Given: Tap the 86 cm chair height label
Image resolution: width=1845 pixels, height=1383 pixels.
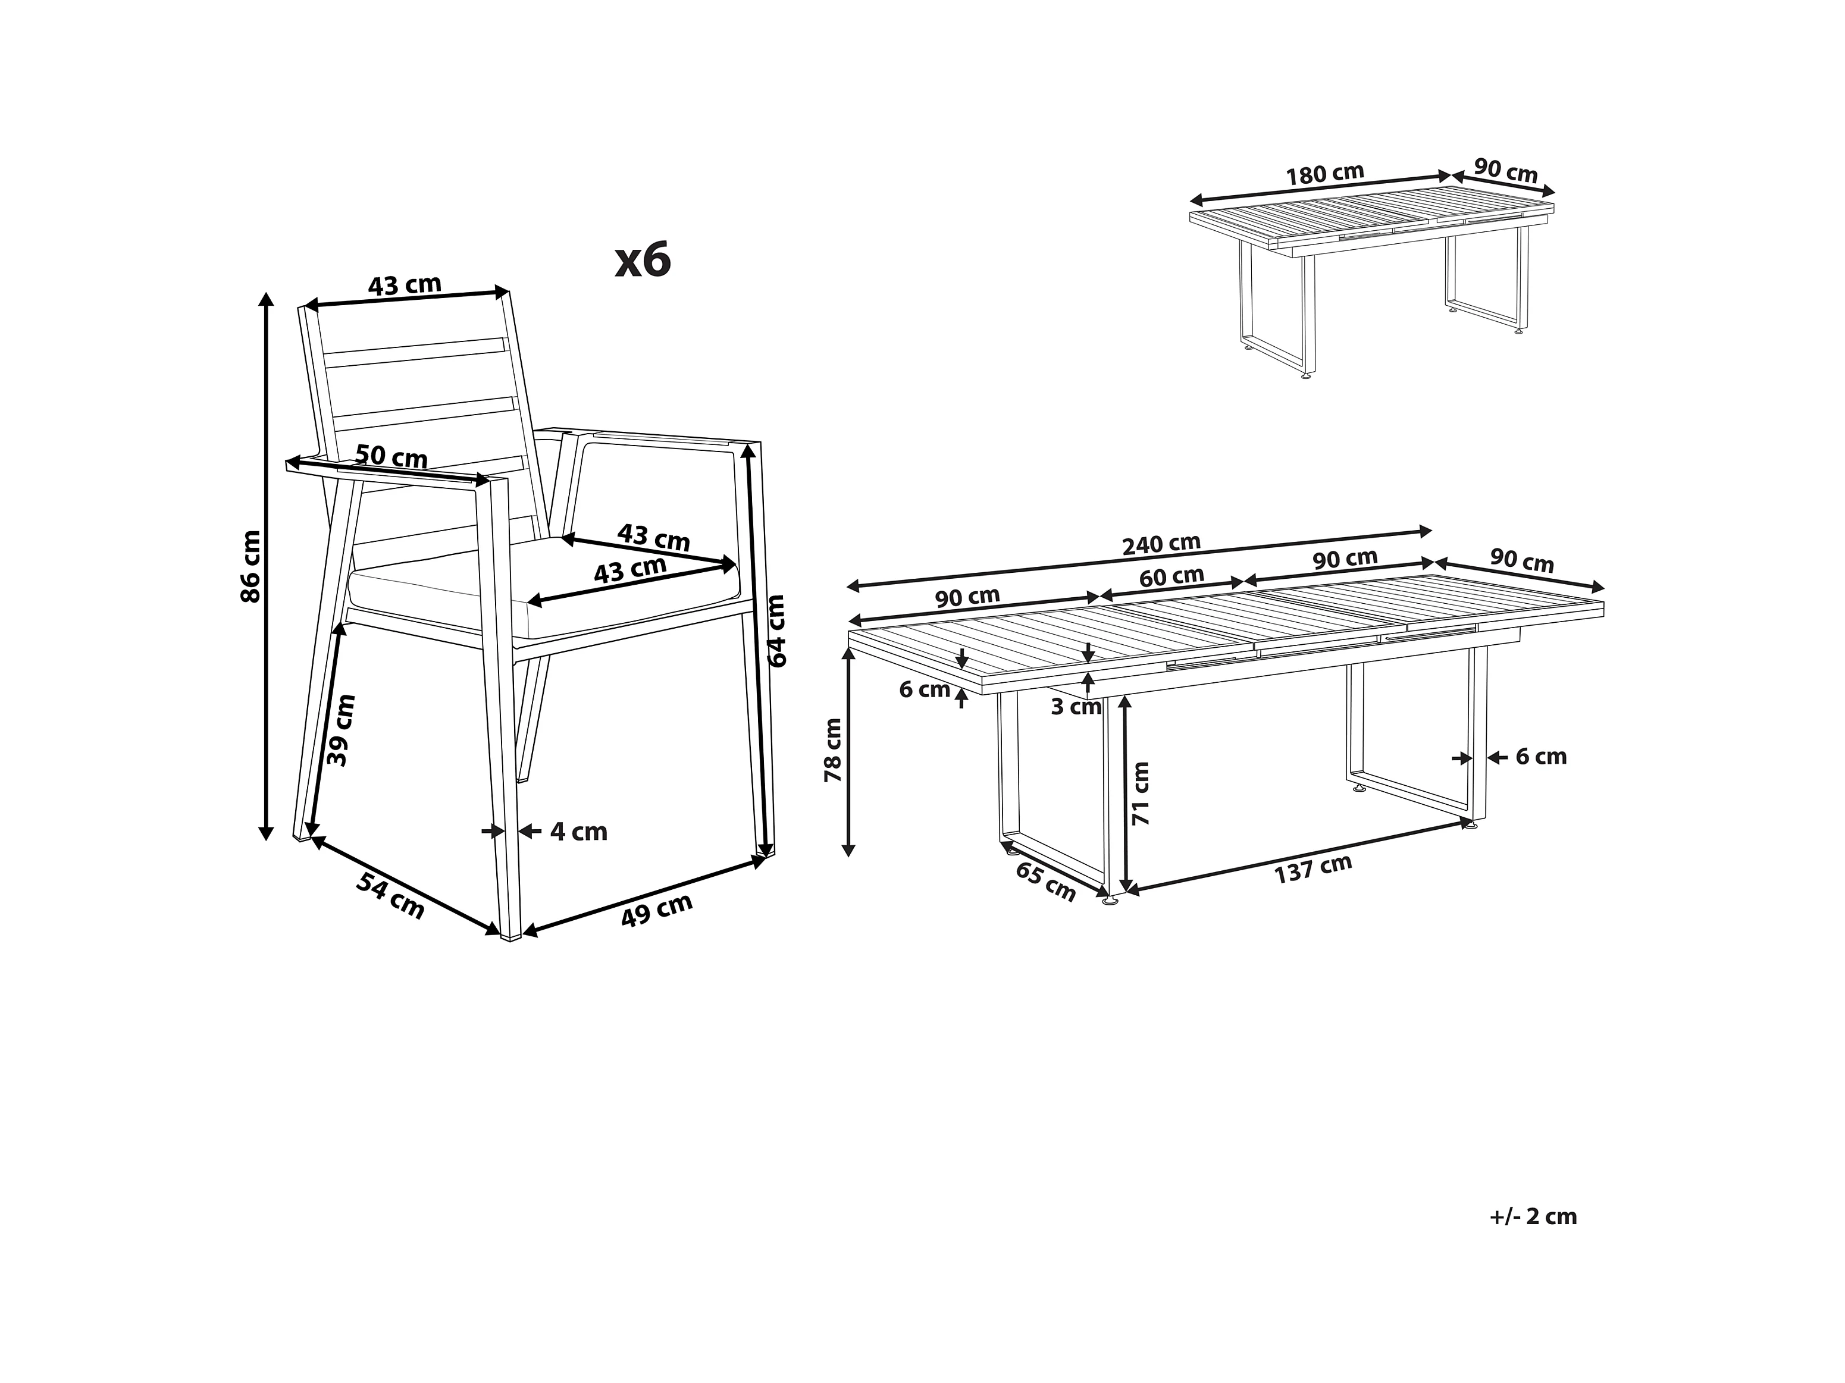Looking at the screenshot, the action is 250,566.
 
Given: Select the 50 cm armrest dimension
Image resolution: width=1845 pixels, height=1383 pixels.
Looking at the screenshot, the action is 391,456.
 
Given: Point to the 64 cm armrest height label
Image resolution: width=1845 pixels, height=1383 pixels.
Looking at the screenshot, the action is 776,630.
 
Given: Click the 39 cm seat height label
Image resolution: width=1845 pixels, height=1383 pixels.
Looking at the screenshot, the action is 341,730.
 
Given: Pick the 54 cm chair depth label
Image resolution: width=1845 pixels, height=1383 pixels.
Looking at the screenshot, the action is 390,895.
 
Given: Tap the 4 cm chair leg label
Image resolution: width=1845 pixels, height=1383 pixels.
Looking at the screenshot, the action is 579,832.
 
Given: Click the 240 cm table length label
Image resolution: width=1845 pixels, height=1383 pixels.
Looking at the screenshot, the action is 1161,544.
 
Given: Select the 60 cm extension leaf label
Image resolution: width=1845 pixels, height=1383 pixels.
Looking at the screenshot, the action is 1172,576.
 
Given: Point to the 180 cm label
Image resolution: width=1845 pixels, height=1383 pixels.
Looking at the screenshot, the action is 1324,174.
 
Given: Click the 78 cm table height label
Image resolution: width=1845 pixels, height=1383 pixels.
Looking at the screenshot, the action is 833,750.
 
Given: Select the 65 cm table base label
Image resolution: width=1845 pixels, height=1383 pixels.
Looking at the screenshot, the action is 1046,882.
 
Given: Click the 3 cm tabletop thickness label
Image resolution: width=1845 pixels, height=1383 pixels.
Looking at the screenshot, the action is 1076,707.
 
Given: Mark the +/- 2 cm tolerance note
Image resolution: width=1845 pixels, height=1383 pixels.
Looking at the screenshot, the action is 1533,1216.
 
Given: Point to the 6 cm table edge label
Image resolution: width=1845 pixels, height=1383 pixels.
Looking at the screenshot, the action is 925,690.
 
